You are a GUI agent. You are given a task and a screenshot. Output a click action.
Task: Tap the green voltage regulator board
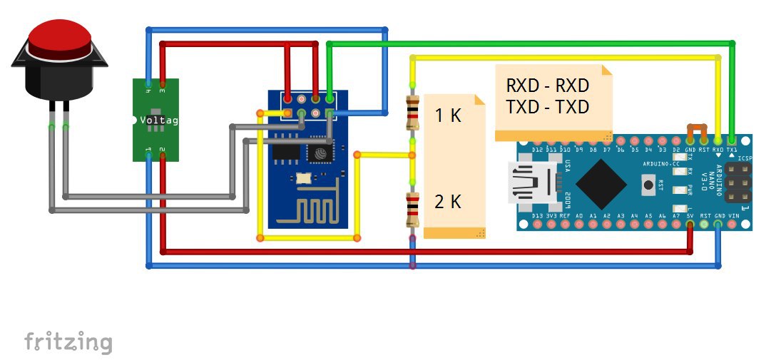155,120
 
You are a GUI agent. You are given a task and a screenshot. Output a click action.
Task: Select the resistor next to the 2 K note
412,209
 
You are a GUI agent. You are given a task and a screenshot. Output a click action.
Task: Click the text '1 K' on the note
449,115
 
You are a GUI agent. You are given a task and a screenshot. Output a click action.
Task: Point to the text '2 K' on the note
449,202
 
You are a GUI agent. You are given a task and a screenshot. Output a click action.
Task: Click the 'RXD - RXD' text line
548,86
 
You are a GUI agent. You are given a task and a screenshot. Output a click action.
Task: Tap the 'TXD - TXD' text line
548,107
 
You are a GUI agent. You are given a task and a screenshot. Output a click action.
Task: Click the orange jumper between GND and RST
697,130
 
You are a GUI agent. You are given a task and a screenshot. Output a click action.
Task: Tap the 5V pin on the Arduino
690,225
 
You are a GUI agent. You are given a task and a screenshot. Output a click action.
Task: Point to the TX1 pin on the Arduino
732,140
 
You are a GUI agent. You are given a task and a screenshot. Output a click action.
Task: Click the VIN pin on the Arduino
732,225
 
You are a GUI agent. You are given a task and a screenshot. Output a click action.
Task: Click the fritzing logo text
68,341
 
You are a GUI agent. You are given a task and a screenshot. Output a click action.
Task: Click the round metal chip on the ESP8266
319,152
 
